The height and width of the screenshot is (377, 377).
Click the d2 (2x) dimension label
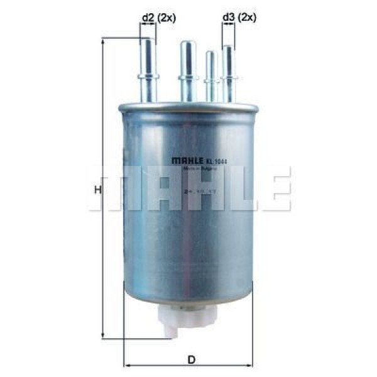tap(158, 18)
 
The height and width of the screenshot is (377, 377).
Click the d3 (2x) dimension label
tap(239, 18)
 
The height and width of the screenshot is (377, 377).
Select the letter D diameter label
tap(192, 359)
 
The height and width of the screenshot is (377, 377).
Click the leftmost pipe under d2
tap(148, 69)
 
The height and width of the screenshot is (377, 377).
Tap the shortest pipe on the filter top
tap(211, 75)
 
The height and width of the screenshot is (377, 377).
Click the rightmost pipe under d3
tap(228, 72)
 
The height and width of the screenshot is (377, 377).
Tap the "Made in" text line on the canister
tap(195, 168)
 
